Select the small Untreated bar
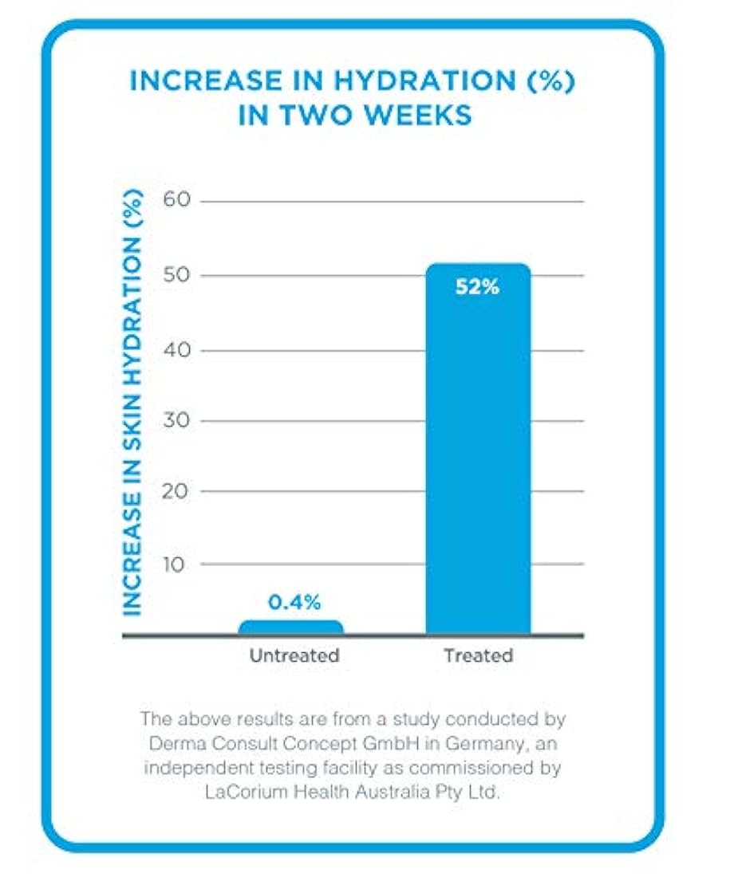(291, 627)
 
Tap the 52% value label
(477, 288)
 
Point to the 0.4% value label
(290, 603)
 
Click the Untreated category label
(294, 656)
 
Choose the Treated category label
(478, 656)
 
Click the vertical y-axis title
(133, 403)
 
